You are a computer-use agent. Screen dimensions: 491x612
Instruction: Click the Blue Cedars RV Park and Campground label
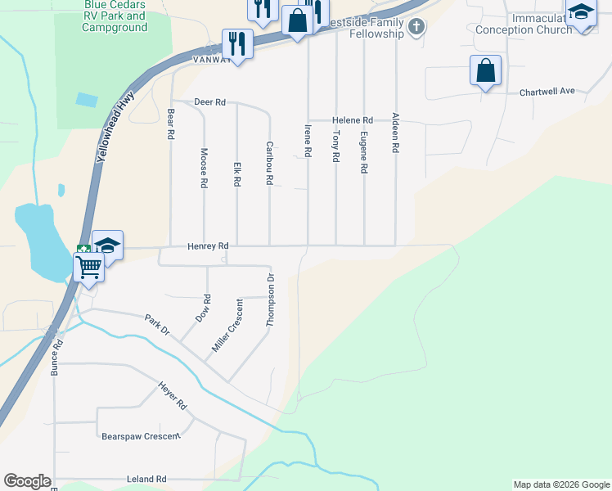[115, 16]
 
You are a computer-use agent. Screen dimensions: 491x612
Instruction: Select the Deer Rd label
[209, 102]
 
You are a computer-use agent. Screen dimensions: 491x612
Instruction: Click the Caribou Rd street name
[268, 162]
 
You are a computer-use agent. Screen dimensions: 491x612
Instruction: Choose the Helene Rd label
[352, 119]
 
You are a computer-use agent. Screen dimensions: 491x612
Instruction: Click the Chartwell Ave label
[547, 92]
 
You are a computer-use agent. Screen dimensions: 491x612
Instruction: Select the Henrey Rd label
[207, 245]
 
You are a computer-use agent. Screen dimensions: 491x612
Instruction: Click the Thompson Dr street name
[269, 301]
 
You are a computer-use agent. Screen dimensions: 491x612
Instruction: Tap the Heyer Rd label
[173, 398]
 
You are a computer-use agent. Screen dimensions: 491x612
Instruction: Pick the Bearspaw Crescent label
[140, 436]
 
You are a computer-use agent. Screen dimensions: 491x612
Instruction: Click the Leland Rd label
[150, 479]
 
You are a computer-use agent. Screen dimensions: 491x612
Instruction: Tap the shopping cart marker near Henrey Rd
[88, 265]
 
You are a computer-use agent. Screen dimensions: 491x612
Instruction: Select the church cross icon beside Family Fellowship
[416, 28]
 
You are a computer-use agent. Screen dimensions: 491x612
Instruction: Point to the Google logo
[27, 481]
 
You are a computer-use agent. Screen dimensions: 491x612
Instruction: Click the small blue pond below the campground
[85, 100]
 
